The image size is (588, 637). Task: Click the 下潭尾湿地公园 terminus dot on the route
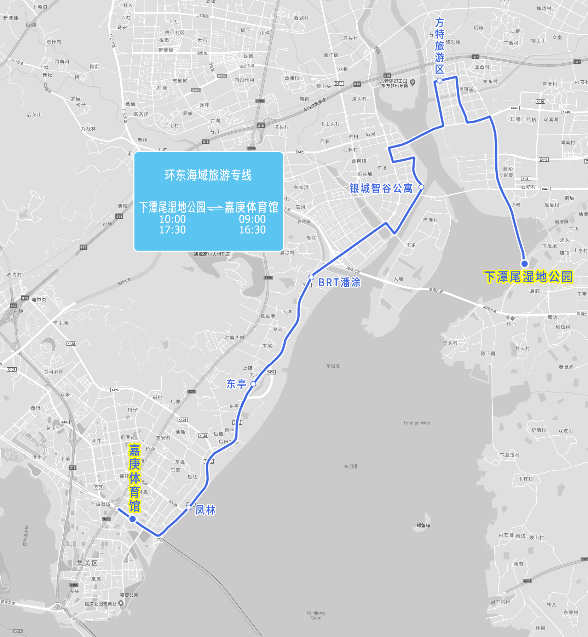(x=524, y=263)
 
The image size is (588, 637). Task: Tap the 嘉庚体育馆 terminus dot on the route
(x=132, y=519)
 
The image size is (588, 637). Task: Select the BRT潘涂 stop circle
(x=311, y=277)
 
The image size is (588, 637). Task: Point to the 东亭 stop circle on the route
(x=253, y=384)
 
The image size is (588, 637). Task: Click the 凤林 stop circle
(x=189, y=507)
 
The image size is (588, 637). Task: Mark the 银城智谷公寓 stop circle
(x=421, y=187)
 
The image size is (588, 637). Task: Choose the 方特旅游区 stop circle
(x=439, y=81)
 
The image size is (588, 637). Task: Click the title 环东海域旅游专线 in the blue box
(x=208, y=175)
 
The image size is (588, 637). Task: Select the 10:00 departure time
(x=172, y=219)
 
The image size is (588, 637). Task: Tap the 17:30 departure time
(x=172, y=230)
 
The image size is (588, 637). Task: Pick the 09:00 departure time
(x=252, y=219)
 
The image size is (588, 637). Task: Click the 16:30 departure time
(x=252, y=230)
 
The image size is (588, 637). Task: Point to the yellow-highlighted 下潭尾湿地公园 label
(x=528, y=277)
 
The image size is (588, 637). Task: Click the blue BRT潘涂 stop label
(x=339, y=282)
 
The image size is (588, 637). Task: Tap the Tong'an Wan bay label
(x=416, y=423)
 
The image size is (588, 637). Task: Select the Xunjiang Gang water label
(x=316, y=615)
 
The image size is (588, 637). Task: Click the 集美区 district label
(x=87, y=563)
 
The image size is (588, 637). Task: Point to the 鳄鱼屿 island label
(x=423, y=526)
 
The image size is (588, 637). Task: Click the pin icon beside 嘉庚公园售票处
(x=121, y=603)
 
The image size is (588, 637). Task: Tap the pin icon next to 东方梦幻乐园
(x=413, y=82)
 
